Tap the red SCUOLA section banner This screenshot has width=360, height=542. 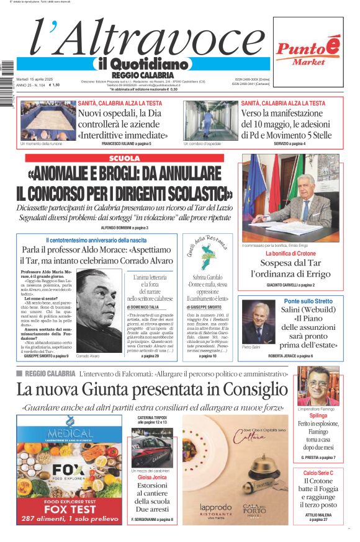(124, 158)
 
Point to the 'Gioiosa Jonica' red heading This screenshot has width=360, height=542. (152, 478)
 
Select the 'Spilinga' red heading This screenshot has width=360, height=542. (318, 415)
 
